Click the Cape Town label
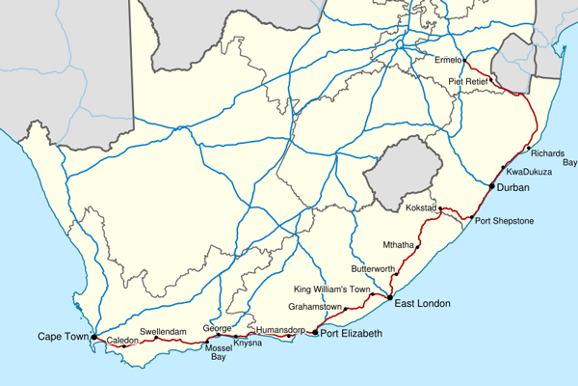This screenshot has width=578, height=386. pyautogui.click(x=63, y=337)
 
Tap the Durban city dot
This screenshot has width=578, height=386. pyautogui.click(x=491, y=185)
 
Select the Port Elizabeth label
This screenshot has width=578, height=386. pyautogui.click(x=352, y=334)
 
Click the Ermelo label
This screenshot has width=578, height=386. pyautogui.click(x=449, y=60)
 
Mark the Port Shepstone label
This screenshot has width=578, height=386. pyautogui.click(x=505, y=221)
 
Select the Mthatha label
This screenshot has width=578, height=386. pyautogui.click(x=399, y=244)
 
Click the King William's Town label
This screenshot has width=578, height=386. pyautogui.click(x=330, y=289)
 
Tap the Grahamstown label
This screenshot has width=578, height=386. pyautogui.click(x=315, y=307)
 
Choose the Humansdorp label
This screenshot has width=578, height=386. pyautogui.click(x=281, y=330)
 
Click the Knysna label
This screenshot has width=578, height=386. pyautogui.click(x=248, y=344)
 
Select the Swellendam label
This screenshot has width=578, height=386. pyautogui.click(x=160, y=332)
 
